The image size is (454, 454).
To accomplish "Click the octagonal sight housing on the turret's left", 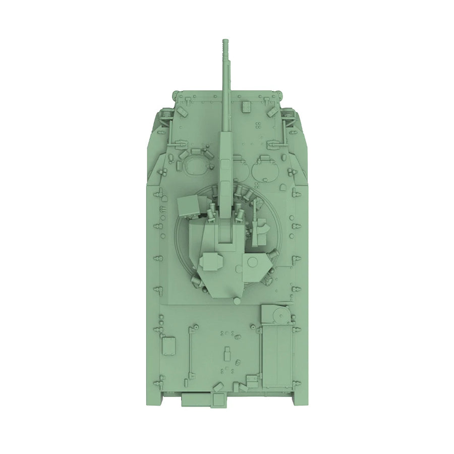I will [x=210, y=261].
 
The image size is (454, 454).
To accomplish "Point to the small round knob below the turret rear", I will [x=236, y=301].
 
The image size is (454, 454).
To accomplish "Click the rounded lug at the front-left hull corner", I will [x=176, y=94].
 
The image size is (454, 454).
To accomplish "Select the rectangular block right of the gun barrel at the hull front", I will [x=247, y=105].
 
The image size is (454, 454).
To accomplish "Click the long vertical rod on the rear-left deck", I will [x=191, y=353].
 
